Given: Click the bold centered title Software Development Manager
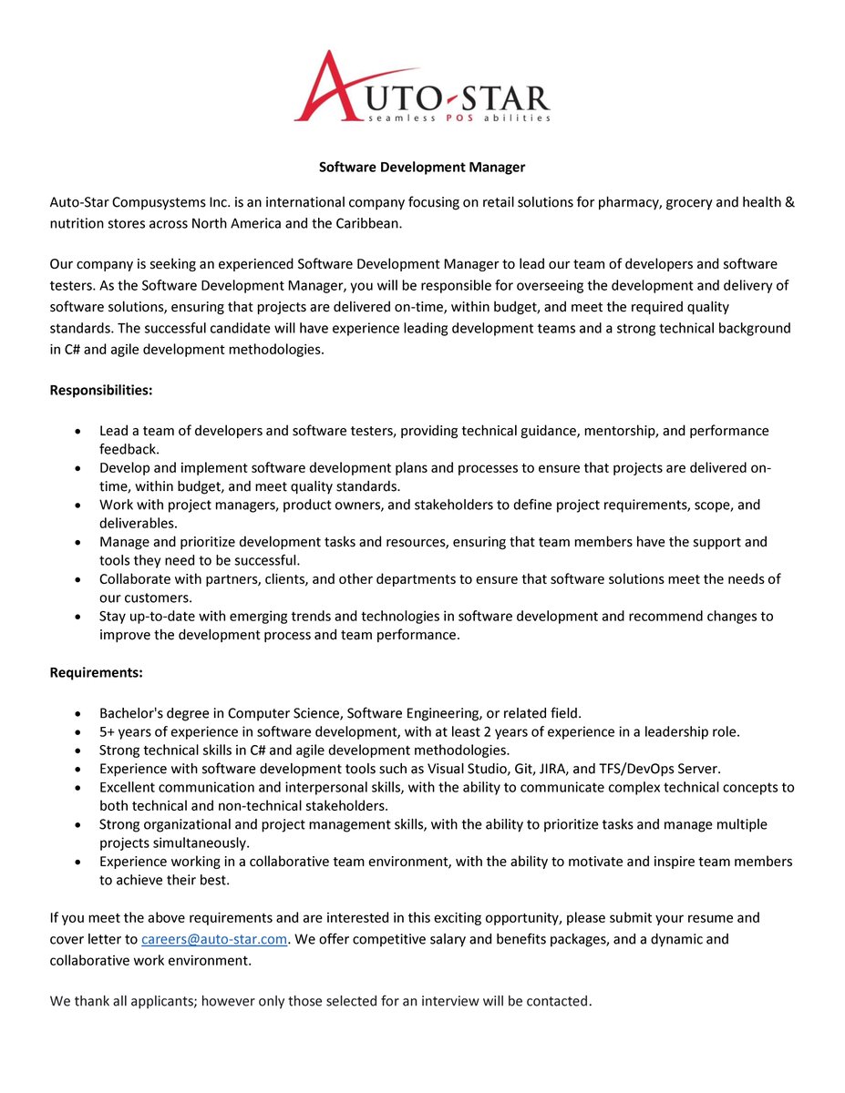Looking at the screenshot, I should point(422,168).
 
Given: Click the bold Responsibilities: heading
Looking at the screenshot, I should point(101,390).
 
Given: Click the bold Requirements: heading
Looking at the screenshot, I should point(96,673).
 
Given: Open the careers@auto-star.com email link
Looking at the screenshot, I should point(214,939).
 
